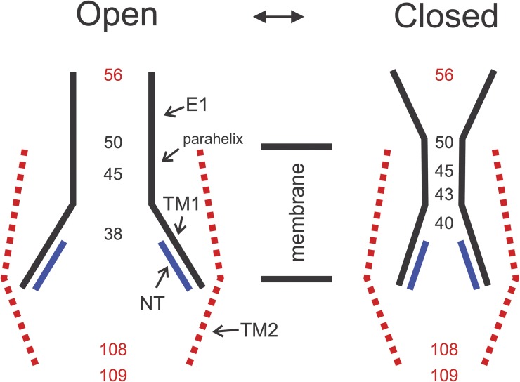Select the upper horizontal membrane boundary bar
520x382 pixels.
(x=296, y=147)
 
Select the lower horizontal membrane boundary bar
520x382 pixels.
(x=296, y=279)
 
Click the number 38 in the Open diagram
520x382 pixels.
(x=112, y=234)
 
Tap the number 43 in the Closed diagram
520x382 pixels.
(x=444, y=194)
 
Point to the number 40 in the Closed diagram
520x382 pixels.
(x=444, y=223)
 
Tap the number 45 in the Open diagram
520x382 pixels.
(x=112, y=173)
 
